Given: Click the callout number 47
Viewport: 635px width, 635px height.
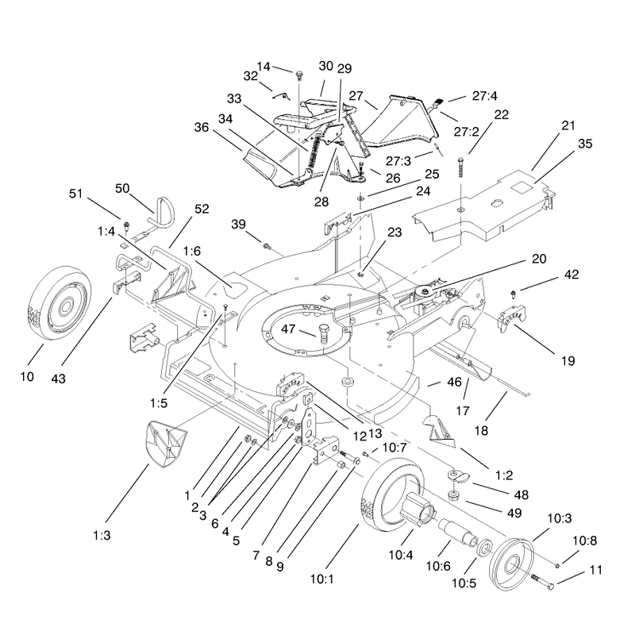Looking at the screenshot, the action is (288, 329).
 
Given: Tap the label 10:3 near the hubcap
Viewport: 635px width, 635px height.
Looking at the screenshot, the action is (560, 518).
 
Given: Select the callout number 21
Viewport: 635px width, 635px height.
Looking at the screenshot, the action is (568, 125).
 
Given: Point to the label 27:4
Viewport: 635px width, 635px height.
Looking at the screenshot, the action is (485, 96).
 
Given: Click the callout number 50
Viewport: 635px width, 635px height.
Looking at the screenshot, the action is (122, 188).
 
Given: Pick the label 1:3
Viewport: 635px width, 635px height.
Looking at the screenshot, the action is (102, 535).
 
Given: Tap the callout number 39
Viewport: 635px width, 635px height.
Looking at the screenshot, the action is (239, 224).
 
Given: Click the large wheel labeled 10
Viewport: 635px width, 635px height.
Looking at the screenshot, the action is (61, 303).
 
